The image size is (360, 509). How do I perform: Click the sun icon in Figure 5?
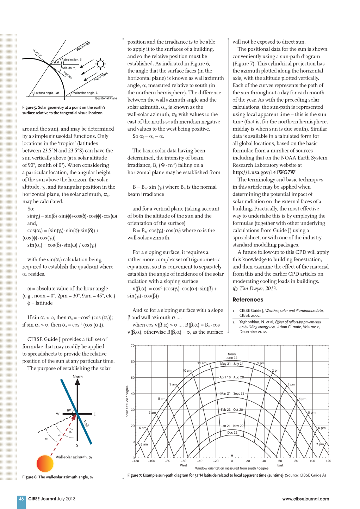point(100,64)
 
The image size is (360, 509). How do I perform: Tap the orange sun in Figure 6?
point(45,463)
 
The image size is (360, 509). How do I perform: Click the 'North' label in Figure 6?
point(77,377)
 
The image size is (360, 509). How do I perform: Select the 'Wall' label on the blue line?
point(86,423)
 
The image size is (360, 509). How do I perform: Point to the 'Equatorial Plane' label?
point(106,98)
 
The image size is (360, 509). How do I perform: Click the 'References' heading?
point(248,300)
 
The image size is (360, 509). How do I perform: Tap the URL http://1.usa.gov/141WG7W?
point(264,172)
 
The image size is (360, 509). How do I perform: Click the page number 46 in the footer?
point(21,499)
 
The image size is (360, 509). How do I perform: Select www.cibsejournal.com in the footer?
point(305,499)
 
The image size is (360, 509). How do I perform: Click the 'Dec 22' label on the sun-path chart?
point(232,433)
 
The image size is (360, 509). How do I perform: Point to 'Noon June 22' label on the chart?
point(232,356)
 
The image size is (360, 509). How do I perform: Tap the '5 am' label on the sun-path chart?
point(144,444)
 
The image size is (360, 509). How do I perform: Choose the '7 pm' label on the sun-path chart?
point(320,444)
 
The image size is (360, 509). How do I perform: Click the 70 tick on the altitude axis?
point(133,346)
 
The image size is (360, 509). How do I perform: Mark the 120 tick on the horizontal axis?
point(328,461)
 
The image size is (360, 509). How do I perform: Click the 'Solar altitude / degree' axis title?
point(127,401)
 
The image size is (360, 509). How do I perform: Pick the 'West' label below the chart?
point(184,465)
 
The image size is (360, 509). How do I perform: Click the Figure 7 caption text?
point(226,475)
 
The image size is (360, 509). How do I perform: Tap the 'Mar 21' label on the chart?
point(225,394)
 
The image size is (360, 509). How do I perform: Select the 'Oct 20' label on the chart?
point(238,410)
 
